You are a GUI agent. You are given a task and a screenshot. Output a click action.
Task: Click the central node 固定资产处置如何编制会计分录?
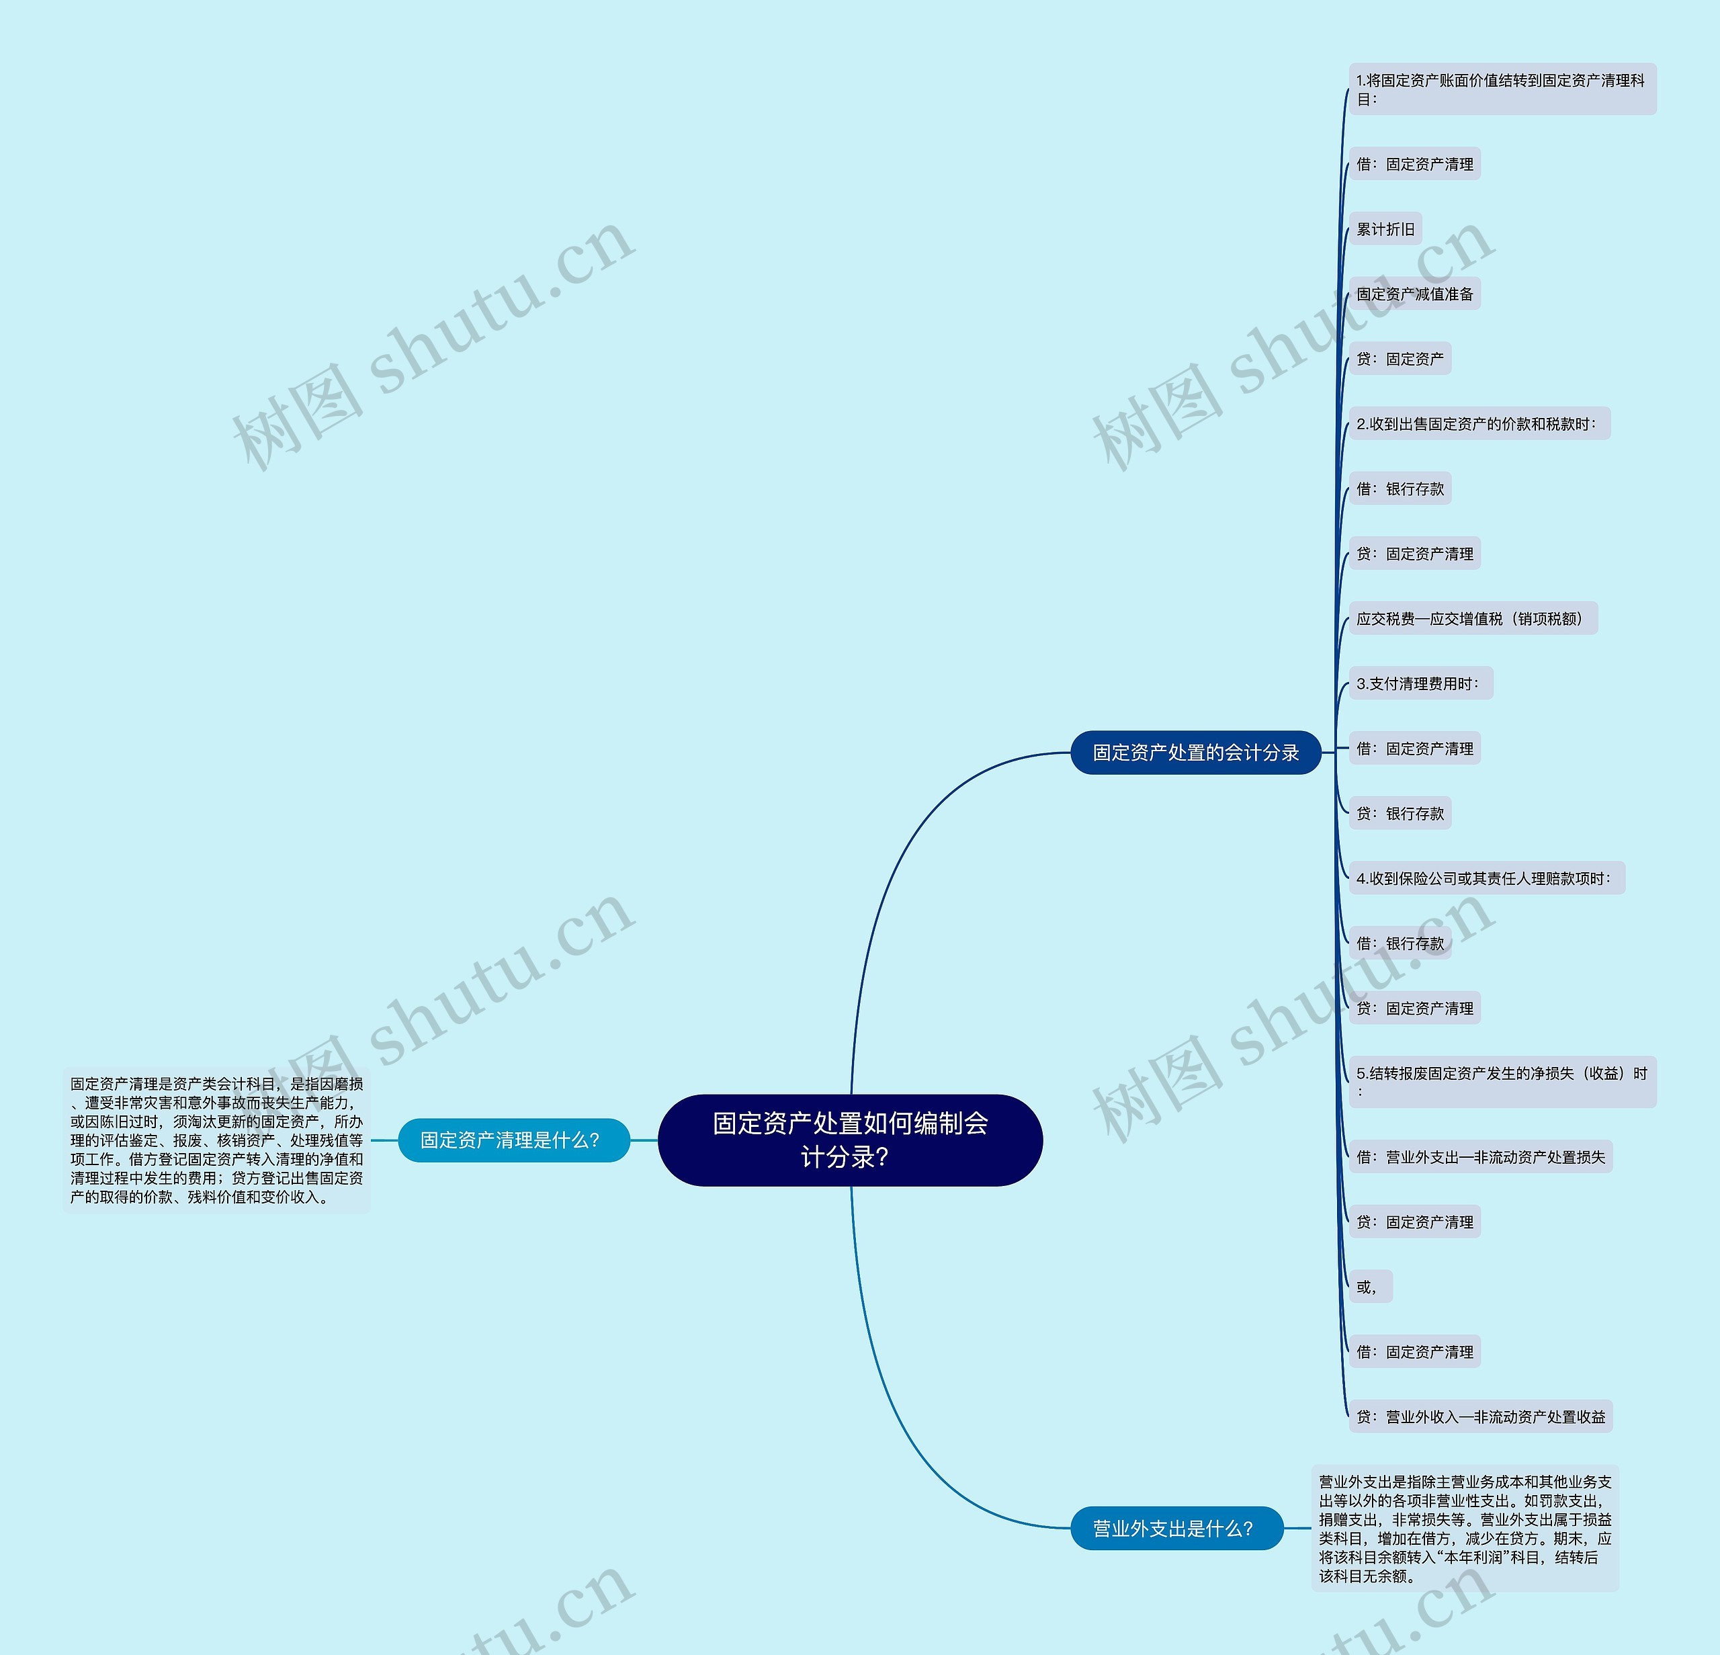click(x=849, y=1140)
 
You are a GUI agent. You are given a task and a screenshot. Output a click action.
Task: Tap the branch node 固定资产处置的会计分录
click(x=1195, y=752)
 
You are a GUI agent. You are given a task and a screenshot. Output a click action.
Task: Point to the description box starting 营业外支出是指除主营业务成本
click(x=1465, y=1529)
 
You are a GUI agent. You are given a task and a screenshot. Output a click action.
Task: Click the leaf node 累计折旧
click(x=1385, y=229)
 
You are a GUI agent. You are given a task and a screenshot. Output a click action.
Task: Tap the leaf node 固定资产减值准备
click(x=1414, y=294)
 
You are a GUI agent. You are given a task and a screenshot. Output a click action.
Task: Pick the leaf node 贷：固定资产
click(x=1400, y=359)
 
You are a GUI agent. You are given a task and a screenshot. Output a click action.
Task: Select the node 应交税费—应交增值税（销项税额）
click(x=1471, y=619)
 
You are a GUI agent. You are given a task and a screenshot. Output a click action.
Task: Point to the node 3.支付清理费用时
click(x=1420, y=683)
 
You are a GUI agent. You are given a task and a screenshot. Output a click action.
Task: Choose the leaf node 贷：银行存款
click(x=1400, y=814)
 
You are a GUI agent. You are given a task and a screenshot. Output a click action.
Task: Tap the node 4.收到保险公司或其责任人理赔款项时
click(x=1486, y=878)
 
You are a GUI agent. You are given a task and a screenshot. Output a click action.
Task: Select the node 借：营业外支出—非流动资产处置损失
click(x=1480, y=1158)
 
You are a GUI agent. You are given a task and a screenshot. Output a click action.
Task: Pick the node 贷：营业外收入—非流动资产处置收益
click(x=1480, y=1417)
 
